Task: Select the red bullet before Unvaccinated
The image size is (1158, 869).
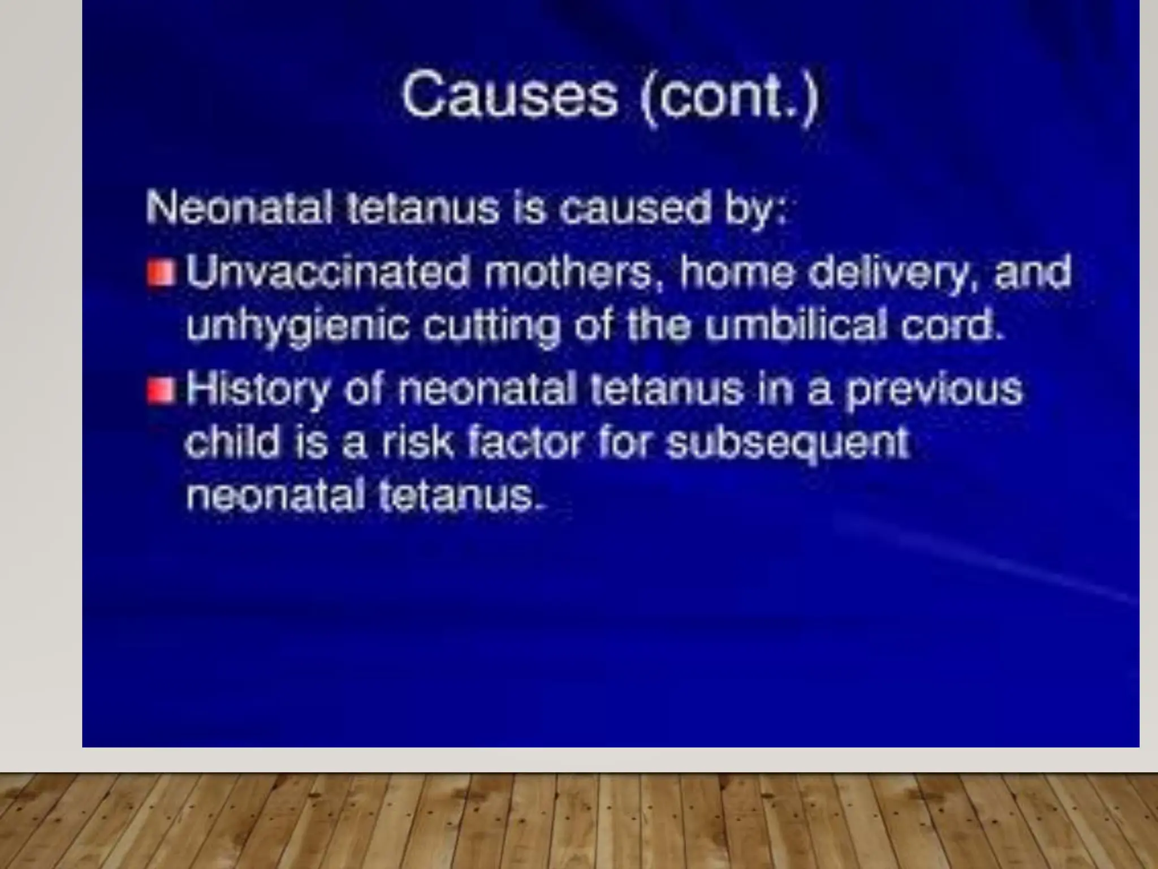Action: (x=161, y=273)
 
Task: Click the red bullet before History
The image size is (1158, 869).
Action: (x=161, y=391)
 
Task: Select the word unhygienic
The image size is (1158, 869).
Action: (x=297, y=327)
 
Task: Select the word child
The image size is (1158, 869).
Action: (x=232, y=442)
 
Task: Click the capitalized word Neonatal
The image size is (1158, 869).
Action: (x=239, y=208)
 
